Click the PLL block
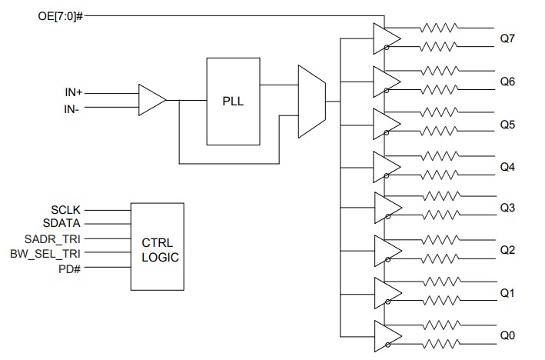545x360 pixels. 233,100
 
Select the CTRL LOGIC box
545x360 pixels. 157,246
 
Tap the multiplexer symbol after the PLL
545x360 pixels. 311,100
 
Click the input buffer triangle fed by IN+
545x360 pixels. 151,100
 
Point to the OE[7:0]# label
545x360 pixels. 59,15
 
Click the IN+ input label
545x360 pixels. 73,92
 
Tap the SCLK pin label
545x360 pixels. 66,209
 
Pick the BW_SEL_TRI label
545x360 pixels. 50,253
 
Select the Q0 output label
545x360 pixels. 507,335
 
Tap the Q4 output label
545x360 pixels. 507,166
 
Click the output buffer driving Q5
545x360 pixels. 385,123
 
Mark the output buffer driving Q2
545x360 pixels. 385,250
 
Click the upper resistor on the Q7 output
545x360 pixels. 439,28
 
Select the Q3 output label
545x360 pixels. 507,208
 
